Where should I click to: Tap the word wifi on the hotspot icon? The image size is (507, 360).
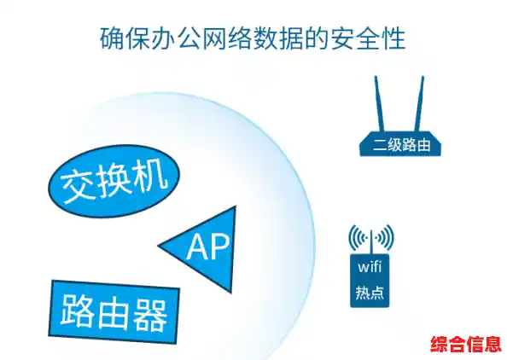pos(370,266)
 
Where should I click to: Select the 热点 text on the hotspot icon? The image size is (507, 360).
pos(370,293)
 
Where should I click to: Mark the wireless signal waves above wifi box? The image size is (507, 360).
pos(370,237)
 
